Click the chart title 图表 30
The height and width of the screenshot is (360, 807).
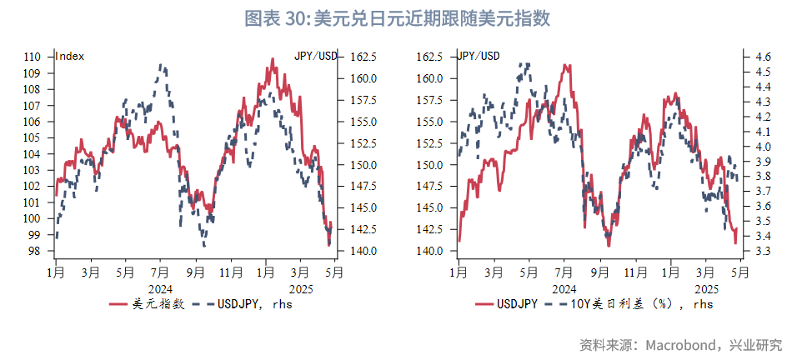point(275,19)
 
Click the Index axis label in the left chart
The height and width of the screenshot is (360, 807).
point(69,57)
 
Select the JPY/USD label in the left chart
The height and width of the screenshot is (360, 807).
point(316,57)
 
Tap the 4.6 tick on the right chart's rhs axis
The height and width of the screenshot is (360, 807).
point(763,57)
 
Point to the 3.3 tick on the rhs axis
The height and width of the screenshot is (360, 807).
point(763,251)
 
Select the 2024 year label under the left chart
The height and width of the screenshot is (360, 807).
point(161,287)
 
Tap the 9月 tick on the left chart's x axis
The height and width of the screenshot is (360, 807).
point(196,272)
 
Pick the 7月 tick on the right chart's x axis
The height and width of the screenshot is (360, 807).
point(564,272)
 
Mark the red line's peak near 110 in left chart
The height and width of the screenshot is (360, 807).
point(273,59)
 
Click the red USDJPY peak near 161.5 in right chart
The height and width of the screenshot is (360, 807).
point(566,65)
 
